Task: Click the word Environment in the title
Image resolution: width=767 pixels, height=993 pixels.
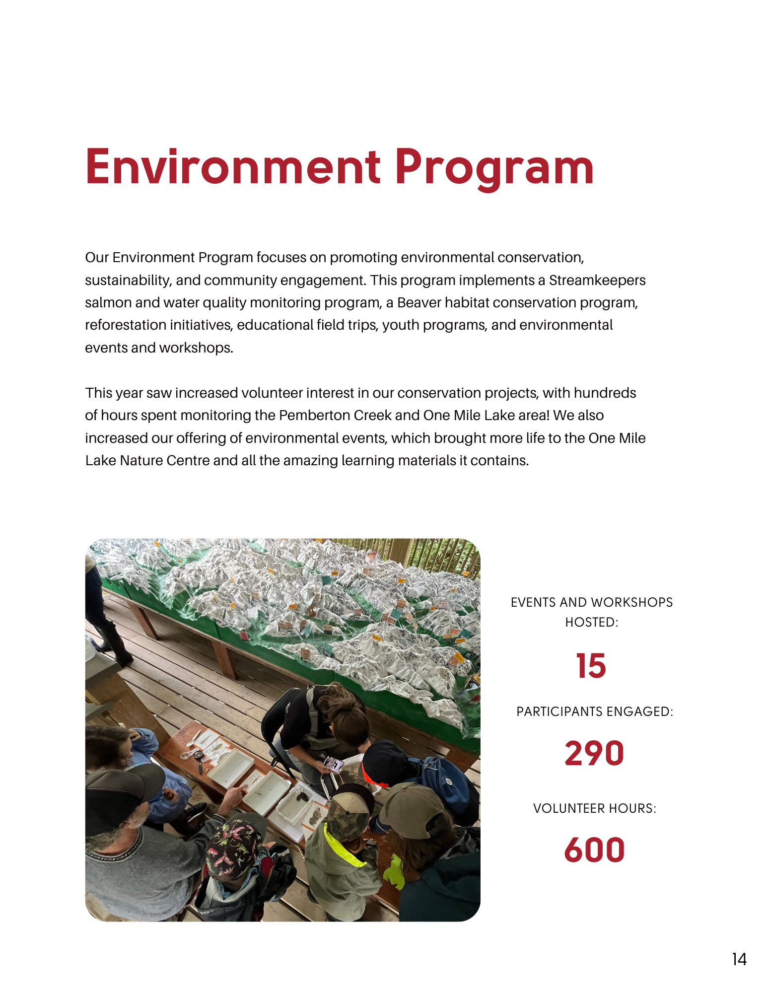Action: [233, 167]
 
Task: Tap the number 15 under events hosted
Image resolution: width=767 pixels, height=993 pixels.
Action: [591, 666]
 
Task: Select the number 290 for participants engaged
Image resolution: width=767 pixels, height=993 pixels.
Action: [594, 753]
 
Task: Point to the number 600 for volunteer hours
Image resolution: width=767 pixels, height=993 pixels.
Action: [594, 850]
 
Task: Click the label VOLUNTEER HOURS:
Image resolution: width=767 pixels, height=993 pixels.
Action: [594, 808]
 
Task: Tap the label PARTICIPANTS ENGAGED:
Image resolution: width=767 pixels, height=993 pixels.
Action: [594, 711]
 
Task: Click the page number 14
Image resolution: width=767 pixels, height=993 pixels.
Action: [739, 959]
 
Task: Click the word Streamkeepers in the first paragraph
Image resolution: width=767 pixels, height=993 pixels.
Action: [597, 280]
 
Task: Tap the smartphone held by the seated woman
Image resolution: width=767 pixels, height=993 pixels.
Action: [333, 764]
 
